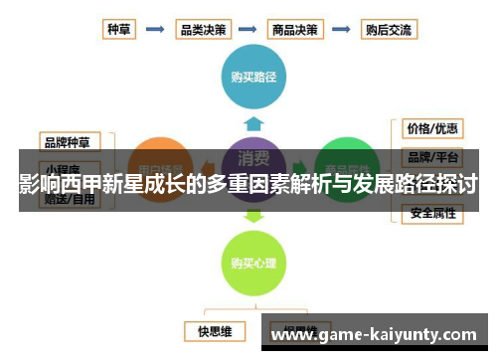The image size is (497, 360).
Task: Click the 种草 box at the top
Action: (x=119, y=30)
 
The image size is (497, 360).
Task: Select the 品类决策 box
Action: (x=203, y=30)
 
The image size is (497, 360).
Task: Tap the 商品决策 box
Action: (x=296, y=30)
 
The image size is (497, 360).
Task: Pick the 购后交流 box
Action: (x=388, y=30)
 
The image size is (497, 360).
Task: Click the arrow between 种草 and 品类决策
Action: (x=155, y=30)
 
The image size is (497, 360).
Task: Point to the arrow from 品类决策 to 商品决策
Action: (x=249, y=30)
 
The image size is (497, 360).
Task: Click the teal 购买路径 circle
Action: (x=254, y=77)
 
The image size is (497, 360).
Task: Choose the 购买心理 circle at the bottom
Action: (x=254, y=263)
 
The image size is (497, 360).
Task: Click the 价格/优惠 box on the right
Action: (x=432, y=128)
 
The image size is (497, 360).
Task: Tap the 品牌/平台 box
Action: (x=432, y=157)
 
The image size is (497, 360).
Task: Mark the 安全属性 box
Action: (x=432, y=212)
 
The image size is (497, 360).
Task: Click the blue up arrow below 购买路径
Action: (x=254, y=123)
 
